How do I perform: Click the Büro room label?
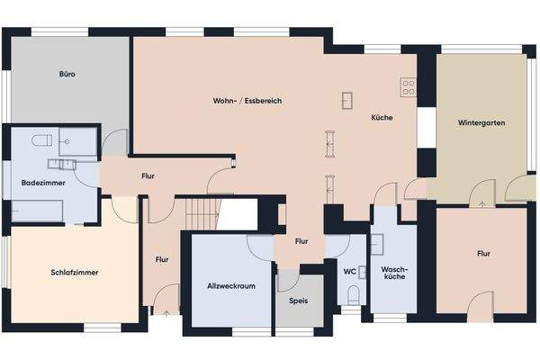point(67,74)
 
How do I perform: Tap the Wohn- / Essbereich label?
point(247,101)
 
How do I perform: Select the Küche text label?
point(381,118)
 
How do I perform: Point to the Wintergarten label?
point(479,121)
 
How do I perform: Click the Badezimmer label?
point(41,184)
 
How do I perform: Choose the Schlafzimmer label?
point(75,271)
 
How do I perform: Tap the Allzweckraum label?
point(227,287)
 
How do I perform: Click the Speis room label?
point(298,301)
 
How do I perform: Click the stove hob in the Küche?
point(408,88)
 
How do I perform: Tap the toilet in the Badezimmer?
point(40,140)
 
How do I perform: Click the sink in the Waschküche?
point(377,242)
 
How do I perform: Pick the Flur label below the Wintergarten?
point(483,254)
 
